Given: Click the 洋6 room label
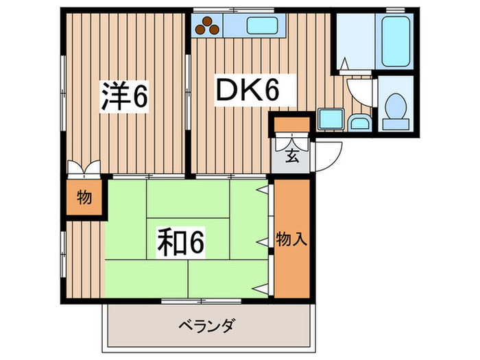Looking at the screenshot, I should point(125,97).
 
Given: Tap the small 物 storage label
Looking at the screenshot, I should point(84,198).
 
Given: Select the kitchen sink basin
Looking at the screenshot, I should point(262,27).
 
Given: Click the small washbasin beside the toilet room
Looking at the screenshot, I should point(358,122).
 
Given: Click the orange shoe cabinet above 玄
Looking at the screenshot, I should point(291,126).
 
